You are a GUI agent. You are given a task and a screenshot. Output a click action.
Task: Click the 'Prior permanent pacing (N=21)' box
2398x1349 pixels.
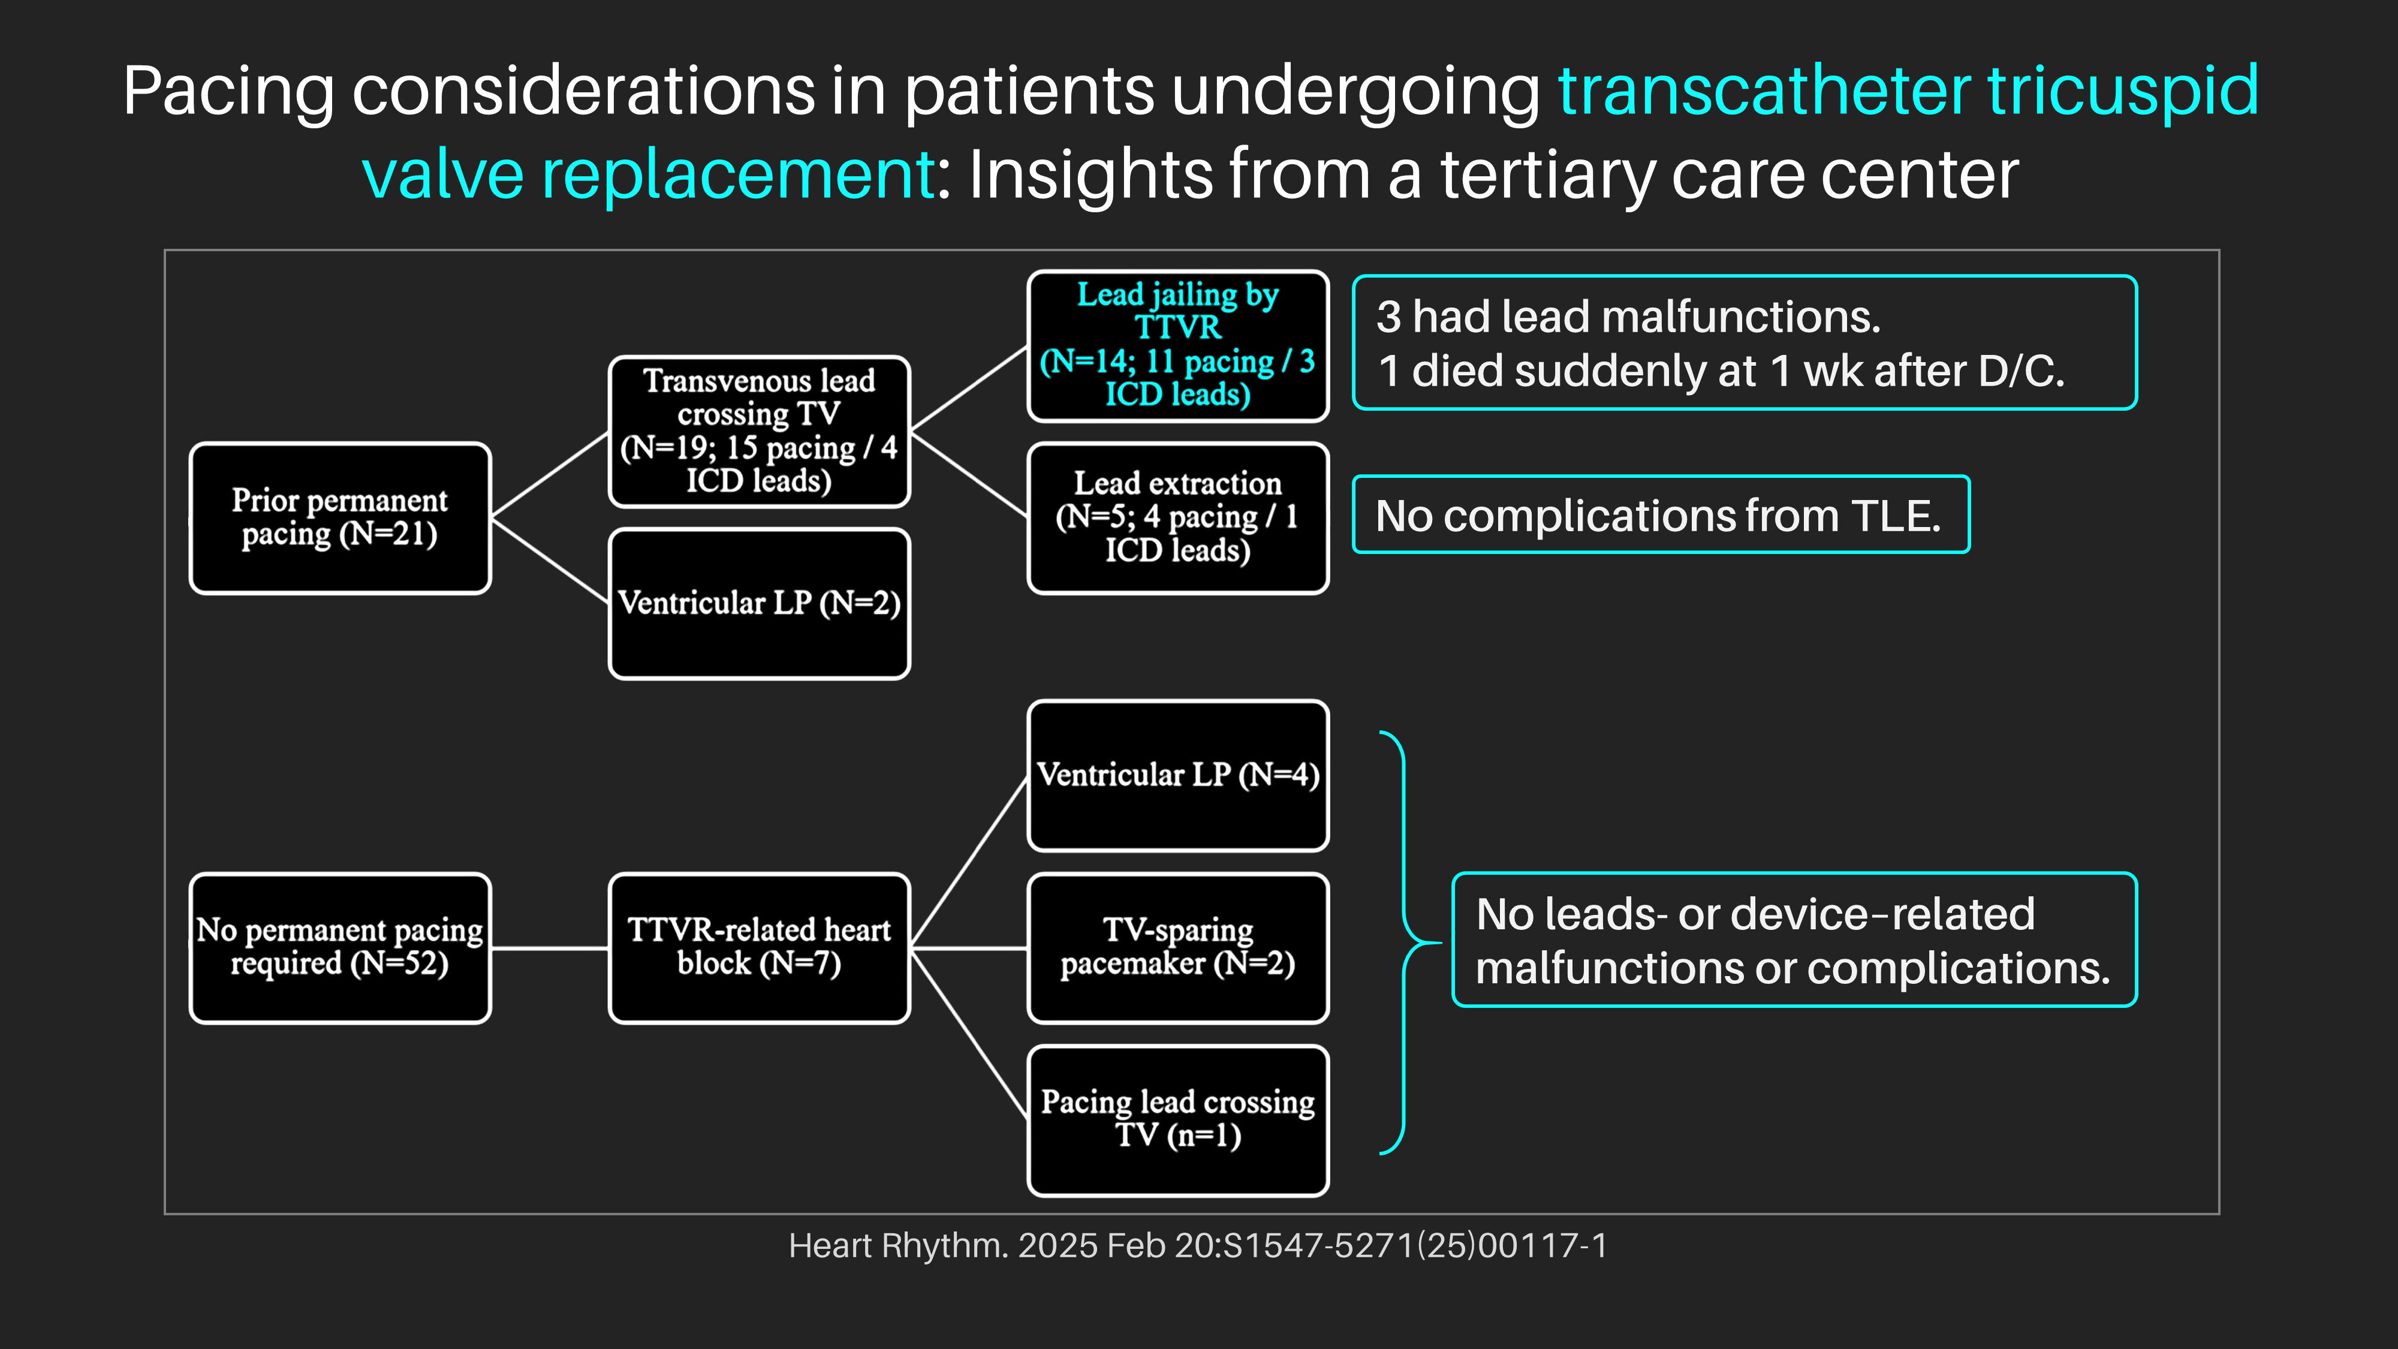(x=340, y=517)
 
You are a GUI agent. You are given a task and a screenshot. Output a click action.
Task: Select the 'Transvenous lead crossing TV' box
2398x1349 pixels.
(x=759, y=431)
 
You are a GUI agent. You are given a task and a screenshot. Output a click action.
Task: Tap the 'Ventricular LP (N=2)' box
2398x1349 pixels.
(x=759, y=603)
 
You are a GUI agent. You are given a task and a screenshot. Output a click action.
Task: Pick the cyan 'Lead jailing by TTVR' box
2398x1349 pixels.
(x=1177, y=345)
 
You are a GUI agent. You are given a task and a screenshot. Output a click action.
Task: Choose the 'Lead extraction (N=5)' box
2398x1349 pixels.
(x=1177, y=517)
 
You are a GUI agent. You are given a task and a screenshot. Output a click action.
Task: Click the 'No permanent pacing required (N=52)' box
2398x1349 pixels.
(x=340, y=948)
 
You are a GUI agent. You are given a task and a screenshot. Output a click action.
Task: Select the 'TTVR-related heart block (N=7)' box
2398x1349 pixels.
(x=759, y=948)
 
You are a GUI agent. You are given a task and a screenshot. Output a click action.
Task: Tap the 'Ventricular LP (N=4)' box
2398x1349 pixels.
(x=1177, y=775)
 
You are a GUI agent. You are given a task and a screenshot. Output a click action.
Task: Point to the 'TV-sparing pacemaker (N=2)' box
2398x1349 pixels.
(x=1177, y=948)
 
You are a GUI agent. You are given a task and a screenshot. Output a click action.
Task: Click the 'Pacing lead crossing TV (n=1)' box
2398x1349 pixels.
(x=1177, y=1120)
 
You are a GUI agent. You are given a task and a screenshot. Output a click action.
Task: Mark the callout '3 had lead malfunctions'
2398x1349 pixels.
(x=1745, y=342)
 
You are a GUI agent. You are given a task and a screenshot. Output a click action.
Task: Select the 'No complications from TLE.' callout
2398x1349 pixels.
(x=1661, y=515)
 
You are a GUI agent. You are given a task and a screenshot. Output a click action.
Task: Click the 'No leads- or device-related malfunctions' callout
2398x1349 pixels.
(x=1794, y=940)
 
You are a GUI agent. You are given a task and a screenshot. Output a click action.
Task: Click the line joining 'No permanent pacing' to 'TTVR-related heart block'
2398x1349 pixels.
(x=549, y=948)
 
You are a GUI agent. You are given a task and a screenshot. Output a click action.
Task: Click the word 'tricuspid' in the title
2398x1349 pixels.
(x=2122, y=91)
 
